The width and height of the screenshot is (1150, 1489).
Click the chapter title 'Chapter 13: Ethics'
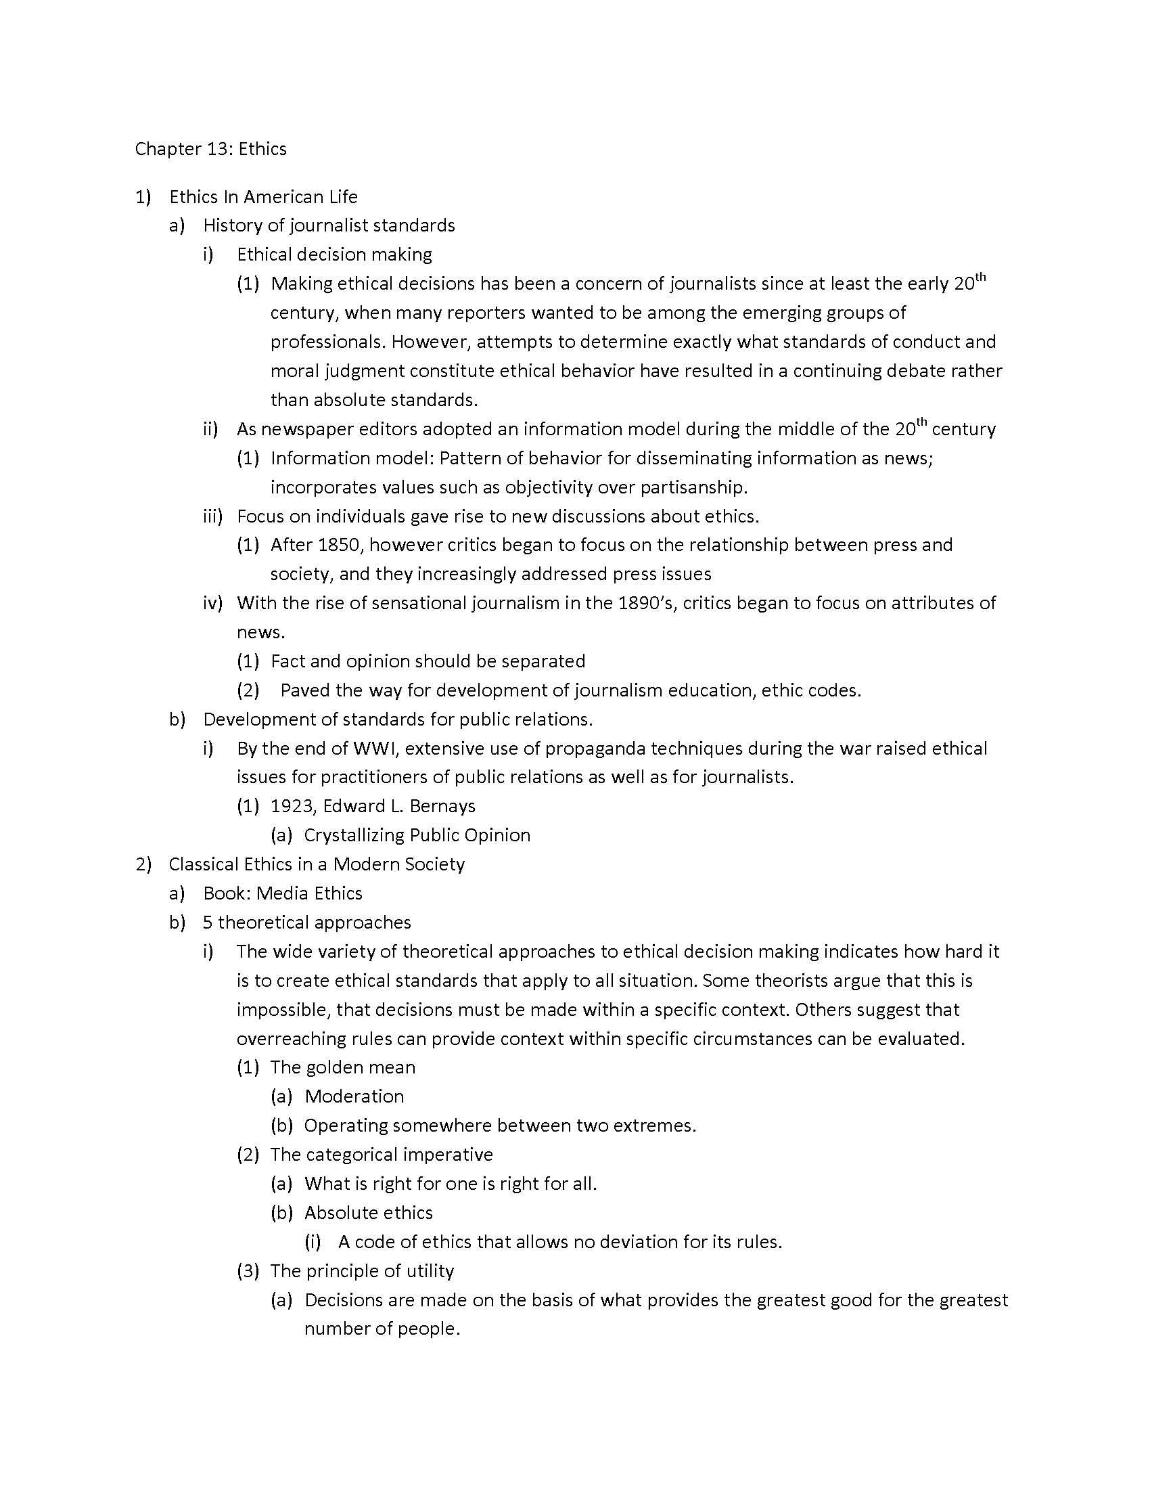tap(210, 149)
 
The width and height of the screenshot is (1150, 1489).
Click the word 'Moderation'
tap(354, 1096)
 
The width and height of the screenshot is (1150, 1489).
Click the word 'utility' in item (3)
tap(429, 1271)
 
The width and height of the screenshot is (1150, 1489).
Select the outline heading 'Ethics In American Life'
tap(263, 197)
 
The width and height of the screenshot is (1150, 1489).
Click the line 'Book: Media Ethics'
tap(283, 893)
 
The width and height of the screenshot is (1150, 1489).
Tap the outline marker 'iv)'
tap(213, 602)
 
